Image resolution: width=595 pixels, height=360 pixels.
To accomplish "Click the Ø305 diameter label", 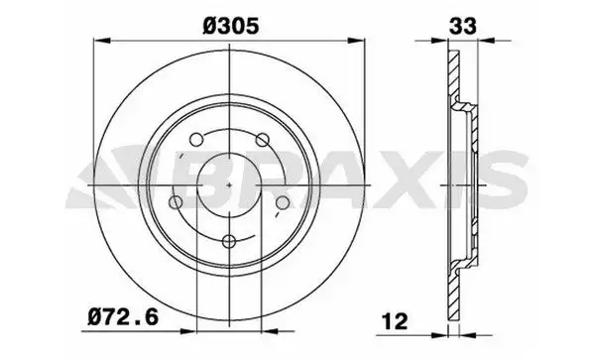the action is coord(231,26).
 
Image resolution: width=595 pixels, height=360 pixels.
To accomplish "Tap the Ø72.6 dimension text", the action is coord(123,317).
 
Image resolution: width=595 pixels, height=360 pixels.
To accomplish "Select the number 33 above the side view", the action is coord(462,26).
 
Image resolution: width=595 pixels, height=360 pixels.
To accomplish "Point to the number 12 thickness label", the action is coord(395,321).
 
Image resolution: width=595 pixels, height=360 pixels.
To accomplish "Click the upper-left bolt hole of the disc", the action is coord(196,139).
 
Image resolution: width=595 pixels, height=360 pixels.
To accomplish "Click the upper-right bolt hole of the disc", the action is coord(262,139).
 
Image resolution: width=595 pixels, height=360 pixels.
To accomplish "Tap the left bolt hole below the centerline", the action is coord(176,202).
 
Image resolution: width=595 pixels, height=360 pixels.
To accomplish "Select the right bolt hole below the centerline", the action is coord(283,203).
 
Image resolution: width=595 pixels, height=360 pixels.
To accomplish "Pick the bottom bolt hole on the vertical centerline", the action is coord(229,241).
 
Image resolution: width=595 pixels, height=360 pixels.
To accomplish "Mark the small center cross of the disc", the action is coord(229,185).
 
